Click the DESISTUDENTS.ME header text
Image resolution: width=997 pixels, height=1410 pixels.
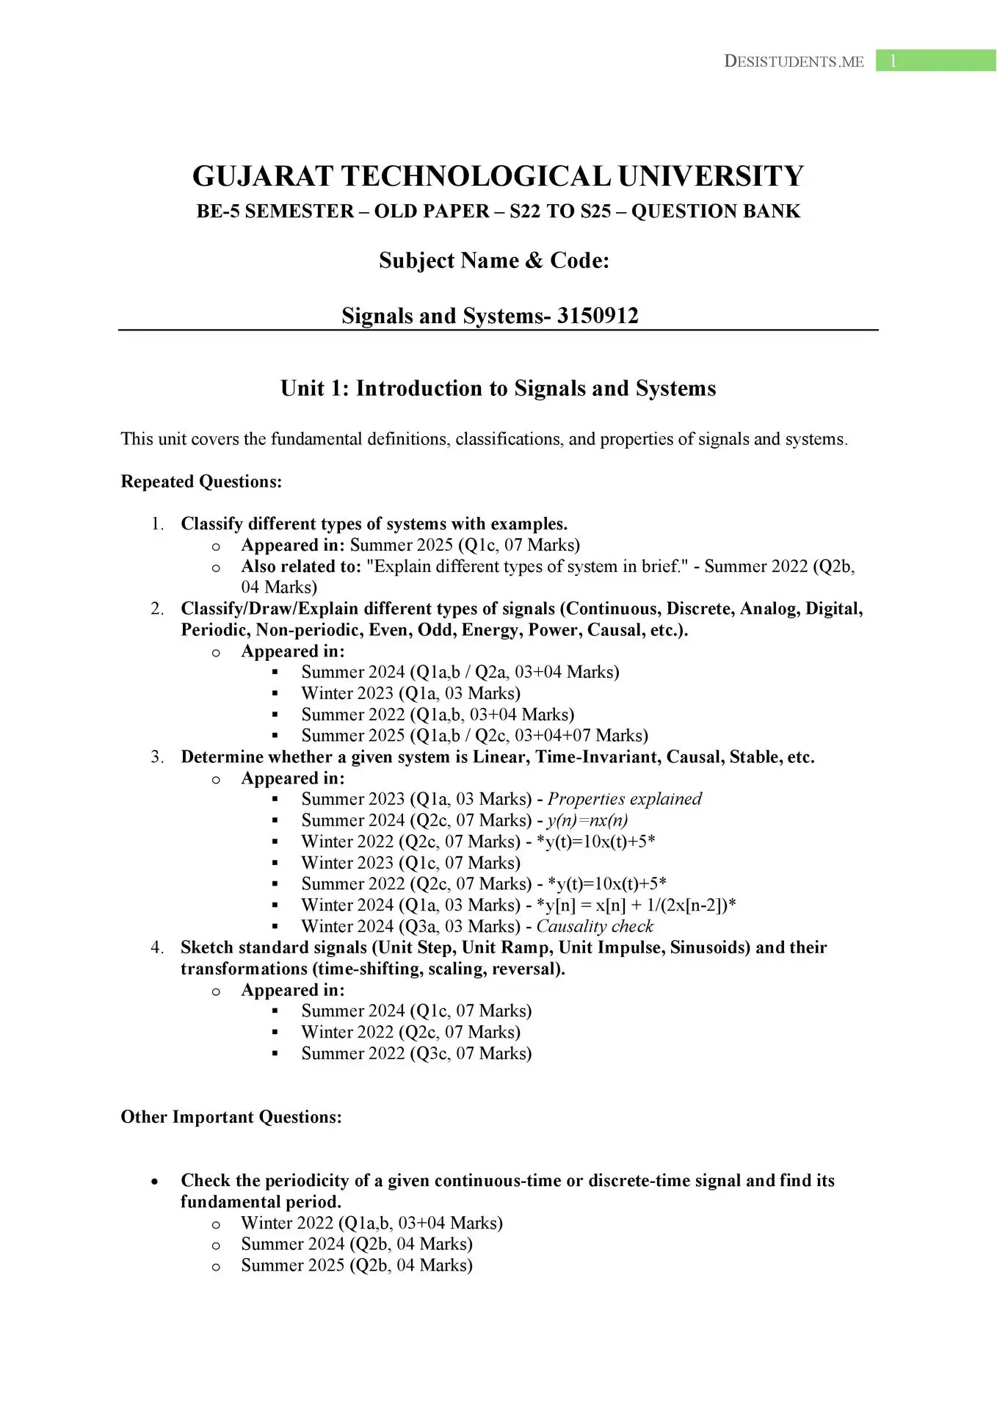point(794,62)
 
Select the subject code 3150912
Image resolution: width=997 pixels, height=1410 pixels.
point(598,316)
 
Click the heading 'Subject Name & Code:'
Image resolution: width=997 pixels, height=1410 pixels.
point(494,261)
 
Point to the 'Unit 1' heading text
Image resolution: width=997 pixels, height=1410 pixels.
point(498,388)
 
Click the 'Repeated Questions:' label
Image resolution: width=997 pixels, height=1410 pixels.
point(201,482)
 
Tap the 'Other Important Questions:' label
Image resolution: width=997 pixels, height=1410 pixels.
point(231,1117)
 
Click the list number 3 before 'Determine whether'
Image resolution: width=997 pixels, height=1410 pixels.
point(156,757)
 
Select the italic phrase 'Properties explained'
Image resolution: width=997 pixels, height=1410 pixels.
point(624,799)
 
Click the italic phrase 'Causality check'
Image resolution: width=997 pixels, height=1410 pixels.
point(595,926)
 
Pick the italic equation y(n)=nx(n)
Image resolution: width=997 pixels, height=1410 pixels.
point(587,820)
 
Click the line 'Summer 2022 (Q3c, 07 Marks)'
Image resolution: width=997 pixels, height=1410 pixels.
point(416,1053)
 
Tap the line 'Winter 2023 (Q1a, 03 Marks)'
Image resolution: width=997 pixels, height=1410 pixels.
point(410,693)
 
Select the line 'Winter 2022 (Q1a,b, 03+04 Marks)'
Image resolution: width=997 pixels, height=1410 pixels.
point(371,1223)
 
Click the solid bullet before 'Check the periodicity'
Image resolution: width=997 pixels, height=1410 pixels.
point(154,1182)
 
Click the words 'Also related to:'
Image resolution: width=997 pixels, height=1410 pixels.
point(301,566)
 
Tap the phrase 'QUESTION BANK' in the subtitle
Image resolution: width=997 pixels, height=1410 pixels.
point(715,211)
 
